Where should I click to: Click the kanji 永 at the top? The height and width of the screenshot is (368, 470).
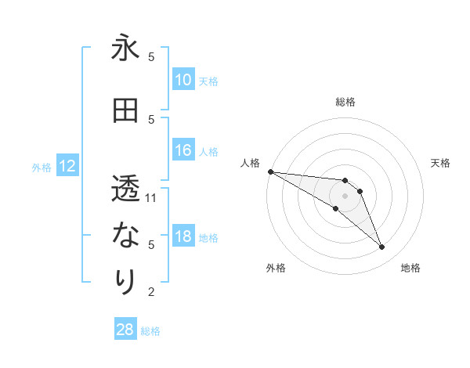[125, 49]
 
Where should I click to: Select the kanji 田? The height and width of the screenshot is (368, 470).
[125, 111]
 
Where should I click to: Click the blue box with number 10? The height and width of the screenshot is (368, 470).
[183, 80]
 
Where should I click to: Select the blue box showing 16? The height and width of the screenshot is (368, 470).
[183, 150]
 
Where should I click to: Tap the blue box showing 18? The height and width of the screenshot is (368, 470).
[183, 236]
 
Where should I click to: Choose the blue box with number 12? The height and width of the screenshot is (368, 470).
[67, 166]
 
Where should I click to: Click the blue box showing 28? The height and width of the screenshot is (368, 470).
[125, 330]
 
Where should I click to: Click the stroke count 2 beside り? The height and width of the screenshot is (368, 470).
[151, 291]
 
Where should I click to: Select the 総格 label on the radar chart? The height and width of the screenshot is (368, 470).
[345, 102]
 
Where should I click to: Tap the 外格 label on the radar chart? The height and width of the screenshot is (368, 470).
[276, 268]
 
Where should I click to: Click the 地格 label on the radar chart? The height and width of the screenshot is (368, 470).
[410, 268]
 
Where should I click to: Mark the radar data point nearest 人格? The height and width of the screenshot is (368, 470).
[270, 171]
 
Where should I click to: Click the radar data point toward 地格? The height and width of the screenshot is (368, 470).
[381, 247]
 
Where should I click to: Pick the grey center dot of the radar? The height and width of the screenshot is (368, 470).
[345, 196]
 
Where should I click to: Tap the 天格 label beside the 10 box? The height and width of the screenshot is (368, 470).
[208, 81]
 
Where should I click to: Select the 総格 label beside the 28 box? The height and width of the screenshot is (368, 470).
[150, 331]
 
